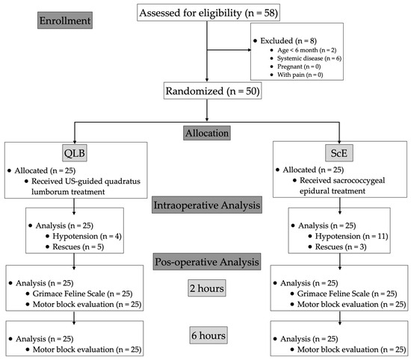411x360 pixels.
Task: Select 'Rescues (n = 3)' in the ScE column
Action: point(333,248)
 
